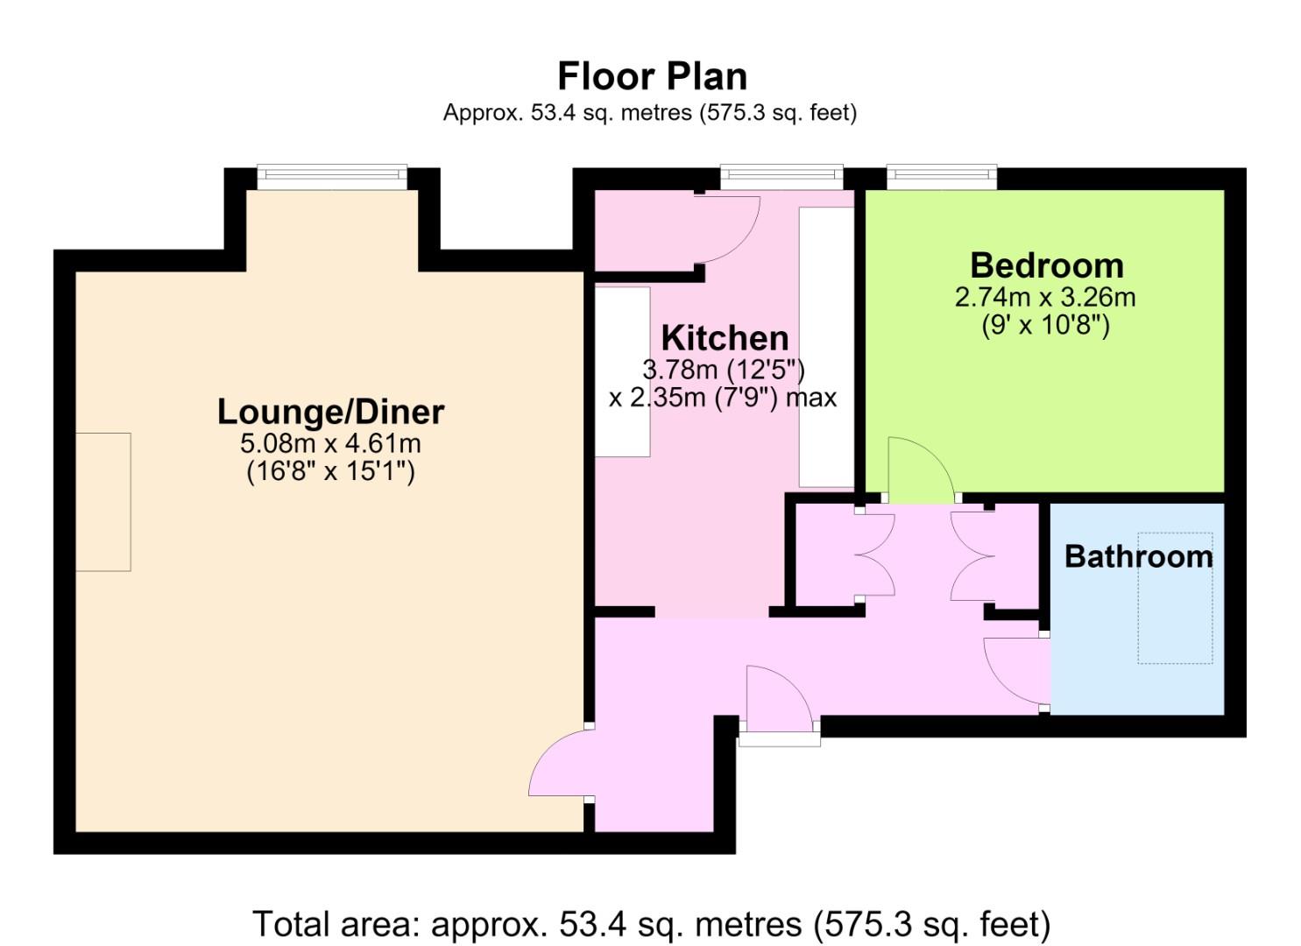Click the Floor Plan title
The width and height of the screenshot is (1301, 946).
point(652,77)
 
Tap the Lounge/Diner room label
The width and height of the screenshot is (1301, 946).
point(330,413)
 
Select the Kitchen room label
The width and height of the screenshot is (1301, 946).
point(725,338)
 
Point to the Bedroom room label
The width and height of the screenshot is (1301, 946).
point(1047,266)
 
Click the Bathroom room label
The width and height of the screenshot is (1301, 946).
point(1139,556)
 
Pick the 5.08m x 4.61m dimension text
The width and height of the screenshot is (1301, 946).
point(330,444)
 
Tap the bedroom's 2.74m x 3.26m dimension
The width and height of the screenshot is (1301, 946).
point(1045,297)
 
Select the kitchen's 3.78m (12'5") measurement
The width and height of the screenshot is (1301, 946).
point(724,370)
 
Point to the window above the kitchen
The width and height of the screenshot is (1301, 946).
point(781,177)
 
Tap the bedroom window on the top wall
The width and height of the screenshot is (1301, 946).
point(942,177)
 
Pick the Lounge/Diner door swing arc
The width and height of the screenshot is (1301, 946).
point(547,749)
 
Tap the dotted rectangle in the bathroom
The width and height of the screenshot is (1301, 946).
point(1175,597)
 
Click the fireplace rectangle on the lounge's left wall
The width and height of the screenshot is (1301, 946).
point(103,502)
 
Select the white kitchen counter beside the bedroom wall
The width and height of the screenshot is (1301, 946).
point(826,347)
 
